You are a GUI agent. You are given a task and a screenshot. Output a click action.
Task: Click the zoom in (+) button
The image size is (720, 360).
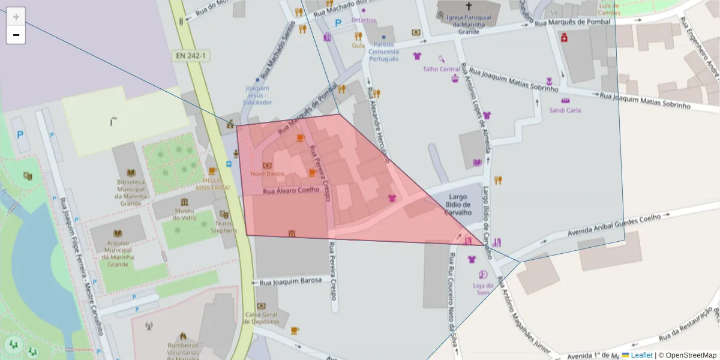point(16,16)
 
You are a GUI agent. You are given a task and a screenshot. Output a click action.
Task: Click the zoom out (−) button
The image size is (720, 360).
point(16,35)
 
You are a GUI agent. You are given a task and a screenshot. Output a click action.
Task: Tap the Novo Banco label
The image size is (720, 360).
point(267,173)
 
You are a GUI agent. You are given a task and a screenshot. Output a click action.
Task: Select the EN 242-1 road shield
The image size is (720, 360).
point(191,56)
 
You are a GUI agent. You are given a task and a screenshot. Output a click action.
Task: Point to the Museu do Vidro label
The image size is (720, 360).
point(184,214)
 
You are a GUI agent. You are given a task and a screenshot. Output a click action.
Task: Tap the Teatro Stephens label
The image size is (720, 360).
point(224,226)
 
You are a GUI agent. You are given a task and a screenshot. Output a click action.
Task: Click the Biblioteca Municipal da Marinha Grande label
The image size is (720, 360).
point(131,192)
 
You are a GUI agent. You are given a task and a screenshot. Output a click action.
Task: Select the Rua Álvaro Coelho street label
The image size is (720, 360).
point(291,190)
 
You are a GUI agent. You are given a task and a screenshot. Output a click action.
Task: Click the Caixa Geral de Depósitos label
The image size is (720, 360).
point(261,318)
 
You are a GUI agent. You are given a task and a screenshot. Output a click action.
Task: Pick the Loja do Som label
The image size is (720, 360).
point(483,289)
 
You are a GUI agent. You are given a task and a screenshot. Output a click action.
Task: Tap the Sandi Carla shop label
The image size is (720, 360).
point(565,110)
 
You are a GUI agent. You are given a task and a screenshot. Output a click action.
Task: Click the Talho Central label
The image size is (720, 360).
point(441,69)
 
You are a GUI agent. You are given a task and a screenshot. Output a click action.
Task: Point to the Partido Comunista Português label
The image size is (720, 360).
point(383,52)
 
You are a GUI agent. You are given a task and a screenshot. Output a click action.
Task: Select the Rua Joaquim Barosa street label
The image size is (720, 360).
point(290,281)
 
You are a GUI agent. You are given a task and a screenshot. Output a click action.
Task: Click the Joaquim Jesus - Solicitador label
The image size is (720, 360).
point(257,95)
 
